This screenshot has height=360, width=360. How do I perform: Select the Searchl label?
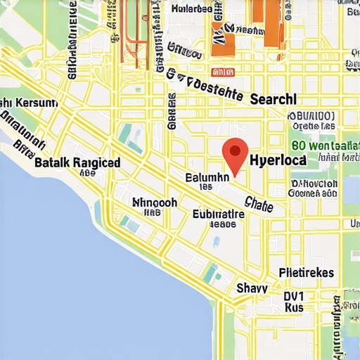273,99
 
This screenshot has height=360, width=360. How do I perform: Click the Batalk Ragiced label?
77,162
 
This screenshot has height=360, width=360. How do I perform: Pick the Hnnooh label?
155,202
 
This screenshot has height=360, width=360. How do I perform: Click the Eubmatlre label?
219,214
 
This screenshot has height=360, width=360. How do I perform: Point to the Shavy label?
252,287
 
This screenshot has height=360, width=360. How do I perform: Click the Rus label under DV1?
294,307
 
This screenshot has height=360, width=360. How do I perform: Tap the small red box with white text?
223,71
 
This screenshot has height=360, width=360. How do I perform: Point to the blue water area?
70,281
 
